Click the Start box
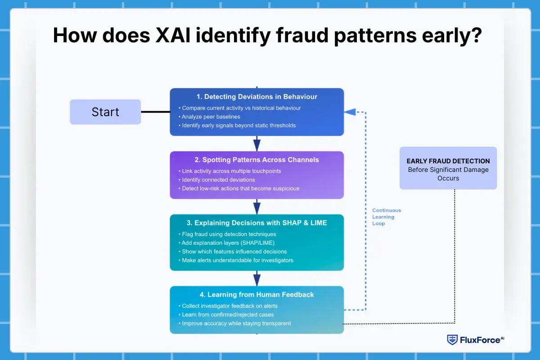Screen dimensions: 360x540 tap(105, 112)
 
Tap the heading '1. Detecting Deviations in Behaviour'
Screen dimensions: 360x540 tap(256, 96)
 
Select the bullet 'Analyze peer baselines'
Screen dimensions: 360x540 tap(211, 117)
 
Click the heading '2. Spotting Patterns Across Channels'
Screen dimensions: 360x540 tap(256, 160)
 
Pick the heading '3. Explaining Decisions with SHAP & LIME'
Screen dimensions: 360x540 tap(256, 223)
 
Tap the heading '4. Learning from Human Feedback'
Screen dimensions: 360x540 tap(256, 294)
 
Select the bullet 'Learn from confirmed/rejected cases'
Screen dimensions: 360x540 tap(228, 315)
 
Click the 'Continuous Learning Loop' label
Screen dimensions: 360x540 tap(386, 217)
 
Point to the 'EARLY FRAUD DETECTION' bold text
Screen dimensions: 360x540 tap(448, 161)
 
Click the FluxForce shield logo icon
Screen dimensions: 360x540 tap(452, 340)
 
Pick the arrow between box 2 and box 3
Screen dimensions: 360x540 tap(256, 207)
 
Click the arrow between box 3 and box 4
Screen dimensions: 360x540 tap(256, 279)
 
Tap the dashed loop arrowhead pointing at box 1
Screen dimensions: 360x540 tap(350, 112)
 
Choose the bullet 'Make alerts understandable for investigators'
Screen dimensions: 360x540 tap(237, 260)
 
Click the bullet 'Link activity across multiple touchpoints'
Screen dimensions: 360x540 tap(232, 171)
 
